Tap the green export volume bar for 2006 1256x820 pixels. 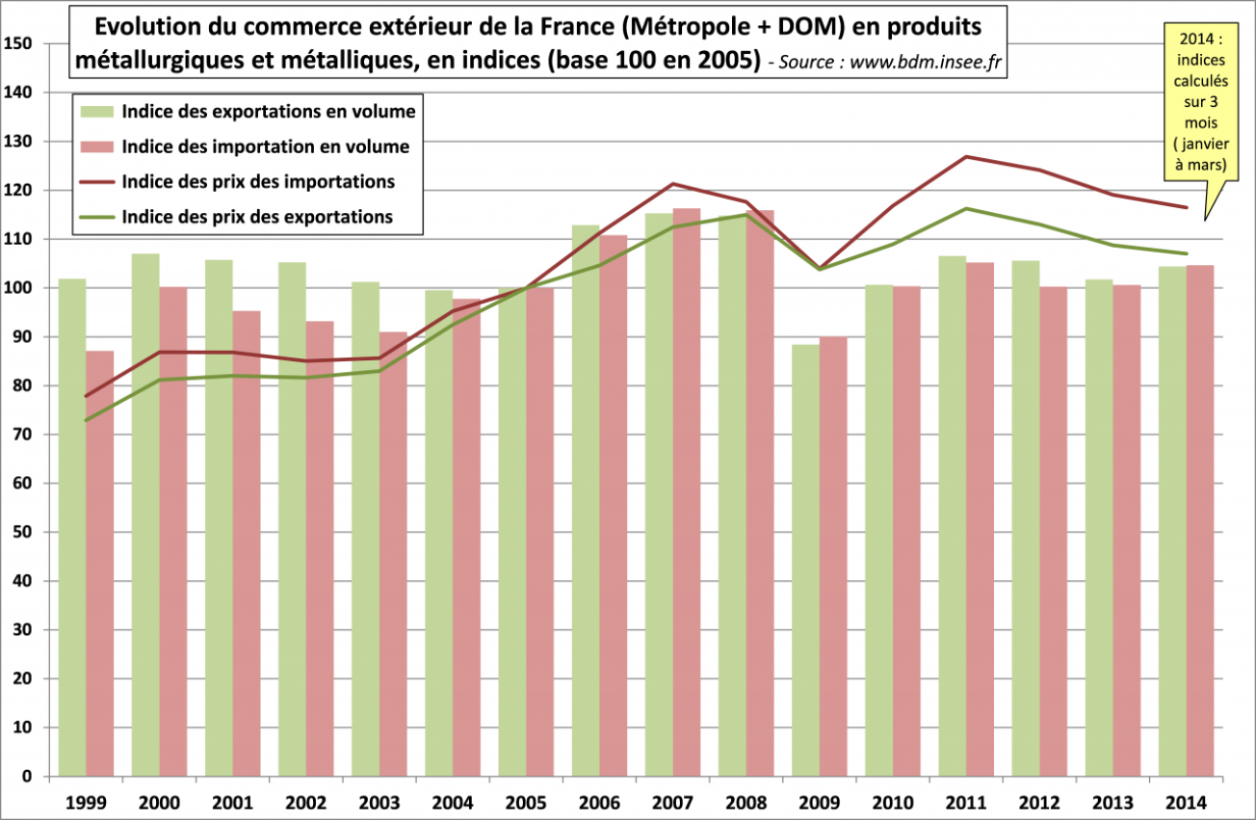click(x=586, y=500)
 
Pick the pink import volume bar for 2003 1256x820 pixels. click(x=393, y=554)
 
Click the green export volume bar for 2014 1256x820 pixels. click(x=1172, y=520)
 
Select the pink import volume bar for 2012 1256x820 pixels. click(x=1053, y=531)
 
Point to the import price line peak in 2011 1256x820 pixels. click(x=966, y=156)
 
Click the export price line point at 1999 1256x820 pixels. click(x=87, y=420)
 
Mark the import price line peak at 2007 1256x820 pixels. click(x=673, y=184)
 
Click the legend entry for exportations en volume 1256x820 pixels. click(x=269, y=112)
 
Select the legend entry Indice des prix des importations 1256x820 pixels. click(x=258, y=181)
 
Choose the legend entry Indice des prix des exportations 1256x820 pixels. click(x=257, y=217)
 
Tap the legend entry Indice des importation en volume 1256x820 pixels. click(x=266, y=146)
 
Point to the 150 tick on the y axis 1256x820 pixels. click(x=19, y=43)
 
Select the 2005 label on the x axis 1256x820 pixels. click(x=526, y=801)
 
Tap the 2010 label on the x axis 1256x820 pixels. click(x=892, y=801)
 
